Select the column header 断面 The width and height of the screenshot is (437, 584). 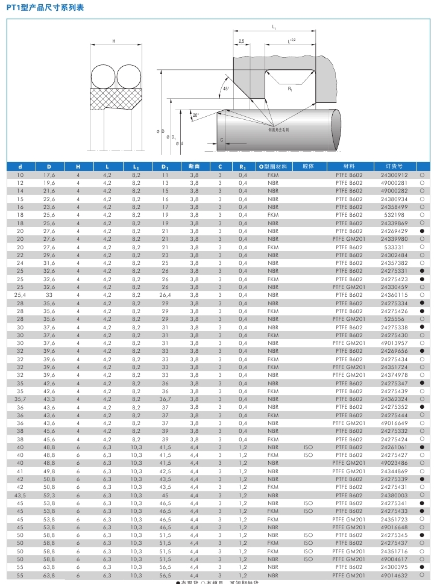(194, 166)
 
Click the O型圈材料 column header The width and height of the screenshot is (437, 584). (272, 166)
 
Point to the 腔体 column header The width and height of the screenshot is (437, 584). (309, 166)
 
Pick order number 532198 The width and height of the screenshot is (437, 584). (394, 215)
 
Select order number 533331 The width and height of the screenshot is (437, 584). (394, 247)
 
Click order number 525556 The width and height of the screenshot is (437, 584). (394, 319)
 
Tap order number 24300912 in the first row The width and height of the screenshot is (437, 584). (394, 175)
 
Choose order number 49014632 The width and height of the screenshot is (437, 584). (394, 575)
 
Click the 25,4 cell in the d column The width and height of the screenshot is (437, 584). (20, 295)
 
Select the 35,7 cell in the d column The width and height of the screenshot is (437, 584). (20, 399)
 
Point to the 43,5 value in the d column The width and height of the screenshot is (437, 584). (20, 495)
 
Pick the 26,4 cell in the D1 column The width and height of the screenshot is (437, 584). (165, 295)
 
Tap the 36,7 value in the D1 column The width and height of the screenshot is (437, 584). (165, 399)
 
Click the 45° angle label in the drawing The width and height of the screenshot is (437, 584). (226, 89)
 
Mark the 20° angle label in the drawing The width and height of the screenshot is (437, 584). (196, 115)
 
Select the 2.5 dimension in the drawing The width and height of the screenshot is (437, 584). (241, 42)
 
